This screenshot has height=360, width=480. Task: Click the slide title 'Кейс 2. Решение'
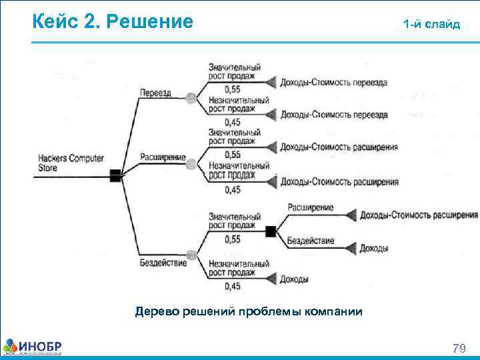(x=113, y=23)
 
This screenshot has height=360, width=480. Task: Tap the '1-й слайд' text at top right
(x=431, y=24)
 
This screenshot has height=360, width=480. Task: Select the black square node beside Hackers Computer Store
(x=115, y=175)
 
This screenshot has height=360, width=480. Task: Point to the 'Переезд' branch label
(x=155, y=92)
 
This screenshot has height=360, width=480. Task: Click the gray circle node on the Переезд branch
(x=191, y=98)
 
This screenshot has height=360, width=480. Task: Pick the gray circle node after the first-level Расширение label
(x=192, y=163)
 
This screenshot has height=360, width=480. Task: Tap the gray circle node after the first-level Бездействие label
(x=192, y=255)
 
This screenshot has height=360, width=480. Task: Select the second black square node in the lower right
(x=271, y=231)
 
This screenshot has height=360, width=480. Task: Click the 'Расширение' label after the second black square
(x=310, y=208)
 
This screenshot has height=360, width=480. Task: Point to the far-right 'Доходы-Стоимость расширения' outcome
(x=419, y=215)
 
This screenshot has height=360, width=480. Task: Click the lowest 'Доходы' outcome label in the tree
(x=294, y=279)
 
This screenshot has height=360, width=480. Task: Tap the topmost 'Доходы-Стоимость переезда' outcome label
(x=333, y=83)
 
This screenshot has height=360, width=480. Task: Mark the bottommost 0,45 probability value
(x=233, y=287)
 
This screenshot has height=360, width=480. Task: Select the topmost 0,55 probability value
(x=233, y=89)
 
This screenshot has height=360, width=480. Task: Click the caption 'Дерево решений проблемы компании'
(x=249, y=311)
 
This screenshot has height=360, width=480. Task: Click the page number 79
(x=459, y=348)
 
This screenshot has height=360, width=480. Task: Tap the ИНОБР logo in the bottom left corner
(x=33, y=347)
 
